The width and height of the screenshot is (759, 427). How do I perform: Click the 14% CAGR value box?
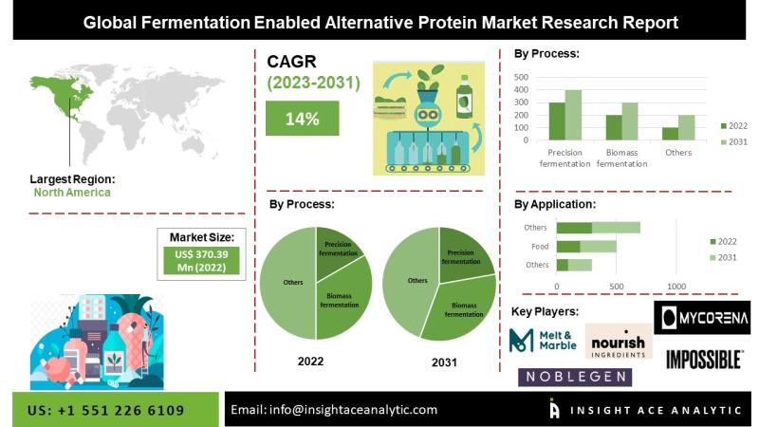click(302, 118)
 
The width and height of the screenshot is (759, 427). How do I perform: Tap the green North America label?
click(72, 193)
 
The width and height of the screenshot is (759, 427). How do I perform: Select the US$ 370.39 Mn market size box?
click(201, 261)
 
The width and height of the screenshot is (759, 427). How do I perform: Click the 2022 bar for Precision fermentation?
click(557, 121)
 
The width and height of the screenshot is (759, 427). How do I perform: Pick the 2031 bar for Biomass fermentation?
click(630, 121)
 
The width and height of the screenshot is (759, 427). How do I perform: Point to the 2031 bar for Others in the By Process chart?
click(686, 128)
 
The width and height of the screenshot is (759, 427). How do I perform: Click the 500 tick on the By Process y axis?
click(521, 77)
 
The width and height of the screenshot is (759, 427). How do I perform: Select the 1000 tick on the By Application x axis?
click(676, 287)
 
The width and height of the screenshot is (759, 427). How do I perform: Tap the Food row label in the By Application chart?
click(540, 247)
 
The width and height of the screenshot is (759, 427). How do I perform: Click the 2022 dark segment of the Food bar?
click(568, 247)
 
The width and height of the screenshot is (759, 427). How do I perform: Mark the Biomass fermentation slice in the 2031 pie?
click(461, 308)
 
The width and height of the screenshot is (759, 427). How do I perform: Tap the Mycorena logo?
click(702, 318)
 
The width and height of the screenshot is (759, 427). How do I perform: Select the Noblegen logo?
click(575, 377)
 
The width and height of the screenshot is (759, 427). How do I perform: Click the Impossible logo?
click(704, 360)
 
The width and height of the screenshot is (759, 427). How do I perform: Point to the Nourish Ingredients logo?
click(619, 342)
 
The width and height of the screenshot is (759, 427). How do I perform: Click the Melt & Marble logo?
click(543, 340)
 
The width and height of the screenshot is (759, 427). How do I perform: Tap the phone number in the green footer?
click(105, 411)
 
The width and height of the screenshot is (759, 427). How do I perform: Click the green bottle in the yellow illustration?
click(464, 97)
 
